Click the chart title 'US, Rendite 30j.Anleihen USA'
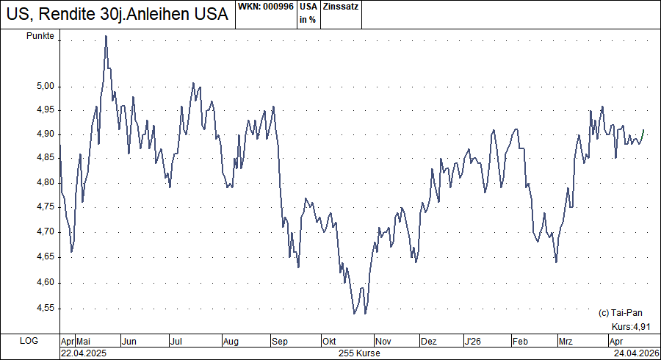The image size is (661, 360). click(x=115, y=15)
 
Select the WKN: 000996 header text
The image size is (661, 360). click(x=266, y=7)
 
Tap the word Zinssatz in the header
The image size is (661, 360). click(x=340, y=7)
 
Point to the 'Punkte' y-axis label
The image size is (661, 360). click(x=40, y=37)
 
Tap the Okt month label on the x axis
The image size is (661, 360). click(x=329, y=342)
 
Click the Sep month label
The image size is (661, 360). click(x=279, y=342)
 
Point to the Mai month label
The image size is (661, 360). click(x=83, y=342)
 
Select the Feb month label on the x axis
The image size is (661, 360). click(x=520, y=342)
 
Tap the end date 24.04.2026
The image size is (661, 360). click(x=636, y=353)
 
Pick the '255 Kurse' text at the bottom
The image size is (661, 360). click(x=359, y=353)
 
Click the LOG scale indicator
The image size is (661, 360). click(x=29, y=342)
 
